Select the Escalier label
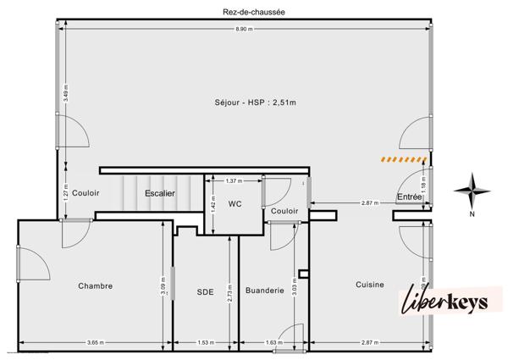(160, 193)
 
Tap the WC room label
(235, 203)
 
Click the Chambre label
(95, 285)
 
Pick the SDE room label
(206, 292)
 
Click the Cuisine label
(370, 285)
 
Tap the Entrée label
(410, 197)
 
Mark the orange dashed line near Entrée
(402, 158)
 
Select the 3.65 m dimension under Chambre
(95, 342)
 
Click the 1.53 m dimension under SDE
(206, 342)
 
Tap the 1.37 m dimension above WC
(235, 180)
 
